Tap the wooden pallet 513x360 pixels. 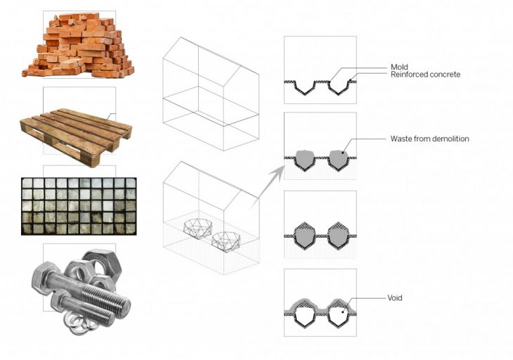point(76,129)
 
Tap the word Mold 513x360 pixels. point(399,67)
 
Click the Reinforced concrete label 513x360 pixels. point(425,75)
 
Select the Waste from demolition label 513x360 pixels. point(429,139)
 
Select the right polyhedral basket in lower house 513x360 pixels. point(228,240)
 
